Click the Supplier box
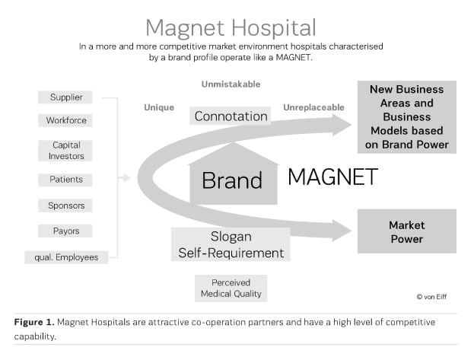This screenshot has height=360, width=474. (65, 97)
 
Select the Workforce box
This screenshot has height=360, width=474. (65, 120)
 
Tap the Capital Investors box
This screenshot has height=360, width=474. (65, 151)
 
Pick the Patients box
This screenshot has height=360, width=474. (65, 180)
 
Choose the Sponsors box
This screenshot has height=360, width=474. (65, 205)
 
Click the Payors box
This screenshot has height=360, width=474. (65, 231)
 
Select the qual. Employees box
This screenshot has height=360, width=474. (66, 257)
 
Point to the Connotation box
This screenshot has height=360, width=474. (231, 116)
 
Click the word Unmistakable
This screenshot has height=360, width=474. (231, 84)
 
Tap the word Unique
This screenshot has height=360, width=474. (159, 107)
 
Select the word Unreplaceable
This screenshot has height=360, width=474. (313, 107)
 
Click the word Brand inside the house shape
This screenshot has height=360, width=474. (232, 180)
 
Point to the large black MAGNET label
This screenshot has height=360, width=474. (332, 177)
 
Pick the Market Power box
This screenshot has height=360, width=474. (407, 231)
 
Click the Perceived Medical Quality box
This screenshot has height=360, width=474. (231, 288)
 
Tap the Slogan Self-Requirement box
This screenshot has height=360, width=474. (231, 245)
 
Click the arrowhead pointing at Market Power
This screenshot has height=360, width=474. (342, 231)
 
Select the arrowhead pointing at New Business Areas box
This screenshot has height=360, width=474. (342, 125)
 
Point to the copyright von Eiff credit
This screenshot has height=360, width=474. (431, 297)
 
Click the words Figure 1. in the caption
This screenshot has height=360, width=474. (34, 322)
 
